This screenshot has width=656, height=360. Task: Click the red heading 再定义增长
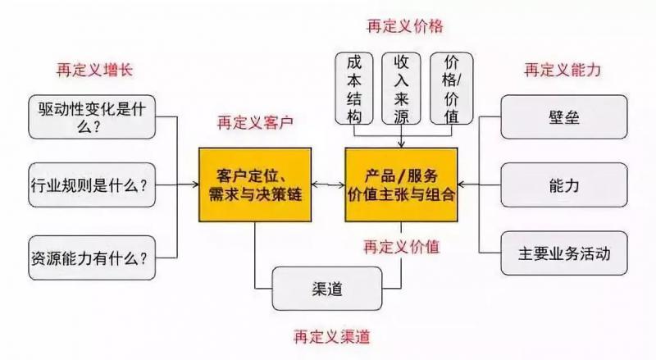93,70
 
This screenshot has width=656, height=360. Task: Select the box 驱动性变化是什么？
91,116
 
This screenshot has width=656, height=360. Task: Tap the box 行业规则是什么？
91,185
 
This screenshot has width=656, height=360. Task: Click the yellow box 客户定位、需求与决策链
255,185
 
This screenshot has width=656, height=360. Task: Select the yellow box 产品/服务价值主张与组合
401,185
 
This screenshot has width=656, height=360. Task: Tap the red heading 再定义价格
404,26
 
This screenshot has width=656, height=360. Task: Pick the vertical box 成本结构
353,88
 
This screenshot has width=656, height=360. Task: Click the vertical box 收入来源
402,88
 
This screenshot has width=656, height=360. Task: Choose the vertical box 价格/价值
451,88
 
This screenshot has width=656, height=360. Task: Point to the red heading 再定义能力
563,70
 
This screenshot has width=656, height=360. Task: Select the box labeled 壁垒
563,116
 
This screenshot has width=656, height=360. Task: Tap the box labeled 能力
563,185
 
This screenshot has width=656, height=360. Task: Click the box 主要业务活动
563,253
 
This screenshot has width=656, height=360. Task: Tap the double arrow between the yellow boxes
328,185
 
